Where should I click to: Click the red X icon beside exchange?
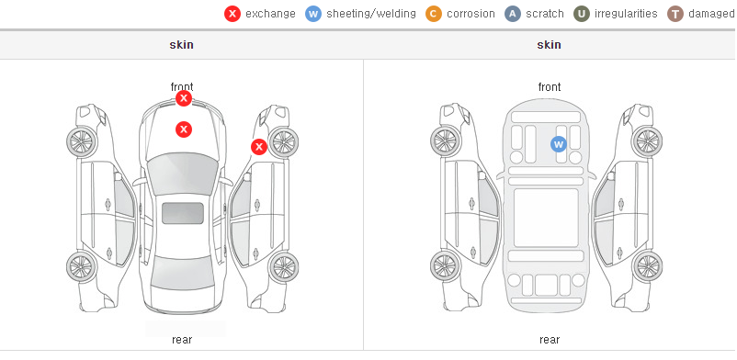coord(232,14)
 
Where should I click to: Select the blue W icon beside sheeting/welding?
coord(313,14)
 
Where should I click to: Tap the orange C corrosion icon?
coord(434,14)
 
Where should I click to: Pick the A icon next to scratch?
coord(513,14)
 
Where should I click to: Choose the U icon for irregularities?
coord(582,14)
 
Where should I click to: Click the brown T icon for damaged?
coord(675,14)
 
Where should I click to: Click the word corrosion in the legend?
coord(471,14)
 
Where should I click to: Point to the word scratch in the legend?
coord(544,14)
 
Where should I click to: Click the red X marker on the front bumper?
coord(184,98)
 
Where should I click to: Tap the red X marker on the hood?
coord(184,129)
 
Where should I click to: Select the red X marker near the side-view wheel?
coord(258,147)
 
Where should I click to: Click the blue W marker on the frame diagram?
coord(559,144)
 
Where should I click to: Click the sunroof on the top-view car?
coord(183,213)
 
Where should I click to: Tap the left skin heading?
coord(181,45)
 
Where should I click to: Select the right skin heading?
coord(549,45)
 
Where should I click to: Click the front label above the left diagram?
coord(182,87)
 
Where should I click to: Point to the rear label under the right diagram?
coord(550,339)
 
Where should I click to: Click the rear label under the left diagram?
coord(182,339)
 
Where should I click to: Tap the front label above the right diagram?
coord(550,87)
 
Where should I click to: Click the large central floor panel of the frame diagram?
coord(546,218)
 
